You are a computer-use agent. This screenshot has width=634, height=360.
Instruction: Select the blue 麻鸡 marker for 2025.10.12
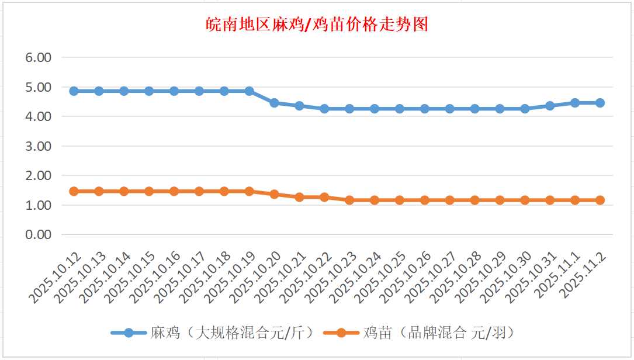pos(74,91)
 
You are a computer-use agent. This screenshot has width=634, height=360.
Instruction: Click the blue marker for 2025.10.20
pos(274,103)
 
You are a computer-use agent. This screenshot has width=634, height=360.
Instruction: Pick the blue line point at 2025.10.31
pos(550,106)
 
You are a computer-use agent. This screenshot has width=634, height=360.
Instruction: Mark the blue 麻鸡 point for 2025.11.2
pos(600,103)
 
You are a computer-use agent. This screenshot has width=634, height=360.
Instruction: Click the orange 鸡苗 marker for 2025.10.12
pos(74,191)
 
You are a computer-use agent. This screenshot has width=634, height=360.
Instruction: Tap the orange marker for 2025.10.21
pos(299,197)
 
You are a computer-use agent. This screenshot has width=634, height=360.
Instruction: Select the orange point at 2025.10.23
pos(349,200)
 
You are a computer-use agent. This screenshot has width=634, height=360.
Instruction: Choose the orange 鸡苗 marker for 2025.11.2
pos(600,200)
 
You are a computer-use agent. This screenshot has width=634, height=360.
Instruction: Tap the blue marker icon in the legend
pos(129,333)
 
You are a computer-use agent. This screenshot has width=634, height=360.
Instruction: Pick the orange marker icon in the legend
pos(341,333)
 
